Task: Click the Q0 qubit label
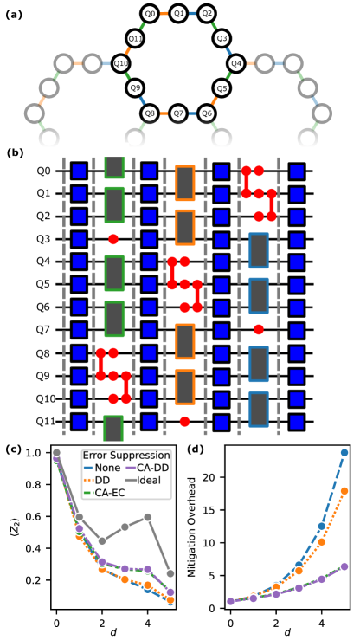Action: [x=43, y=171]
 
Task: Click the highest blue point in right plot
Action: [x=344, y=452]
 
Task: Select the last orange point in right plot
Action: [x=344, y=491]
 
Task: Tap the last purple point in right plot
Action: [x=344, y=566]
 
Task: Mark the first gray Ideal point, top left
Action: [x=56, y=453]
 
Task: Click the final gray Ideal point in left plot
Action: [x=170, y=574]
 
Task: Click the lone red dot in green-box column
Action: [x=113, y=239]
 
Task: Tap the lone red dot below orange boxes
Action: [x=184, y=422]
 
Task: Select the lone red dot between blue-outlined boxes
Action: [x=259, y=329]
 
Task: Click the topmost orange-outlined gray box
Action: [x=184, y=184]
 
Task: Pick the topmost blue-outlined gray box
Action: [x=259, y=250]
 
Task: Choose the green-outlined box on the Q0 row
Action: [x=114, y=167]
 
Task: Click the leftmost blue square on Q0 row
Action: [x=79, y=171]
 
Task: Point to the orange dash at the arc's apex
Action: [x=164, y=14]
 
